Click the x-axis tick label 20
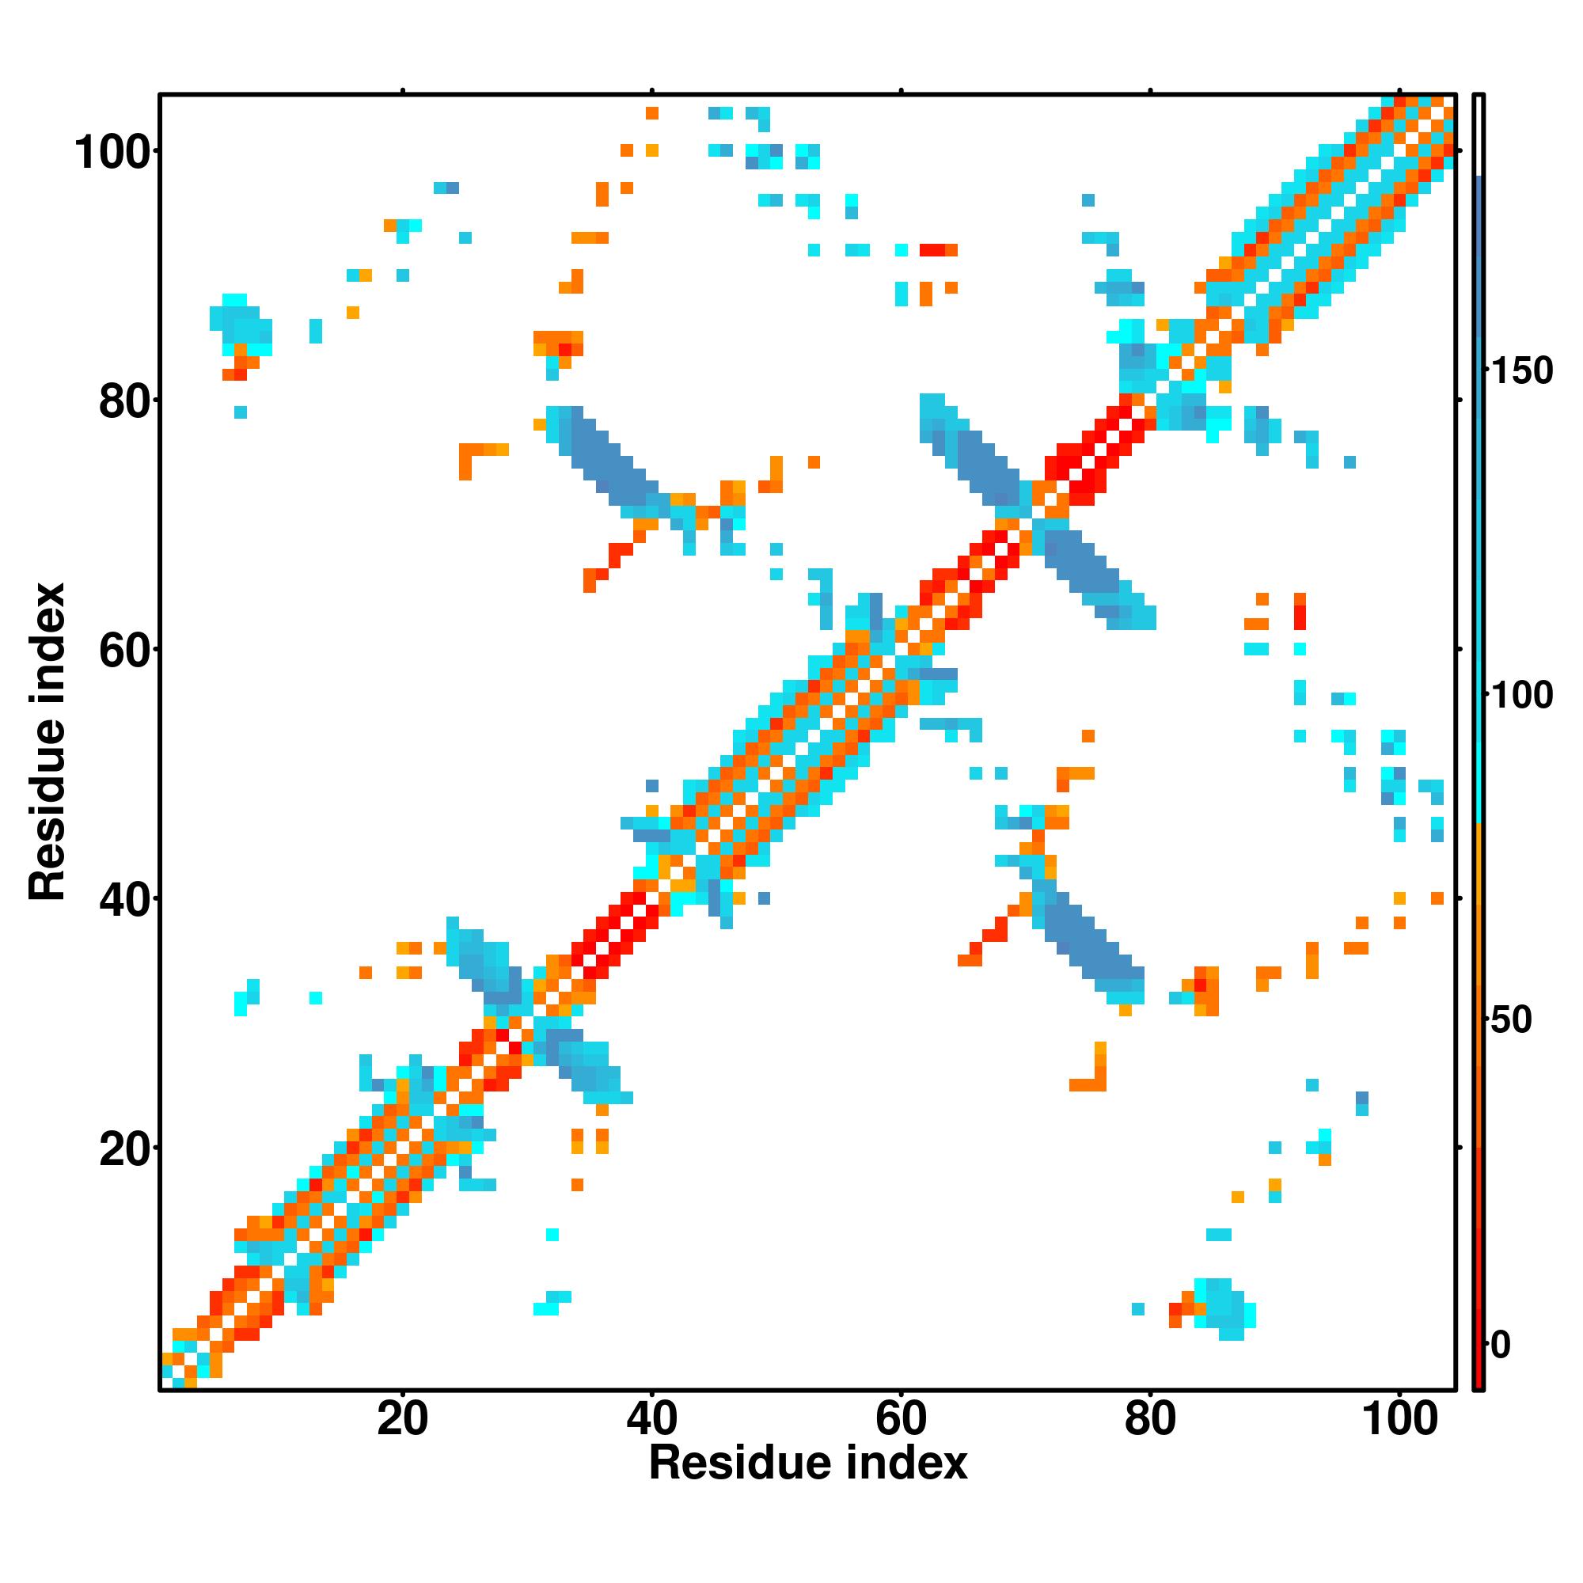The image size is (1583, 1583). (402, 1418)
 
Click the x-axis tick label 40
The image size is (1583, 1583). (651, 1418)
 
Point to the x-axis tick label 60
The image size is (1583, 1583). (901, 1418)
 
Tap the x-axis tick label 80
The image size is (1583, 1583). (1149, 1418)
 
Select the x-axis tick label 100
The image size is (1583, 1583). (1399, 1418)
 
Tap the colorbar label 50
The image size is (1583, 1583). (1511, 1020)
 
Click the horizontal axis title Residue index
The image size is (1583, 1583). (808, 1463)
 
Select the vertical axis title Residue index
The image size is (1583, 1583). (47, 742)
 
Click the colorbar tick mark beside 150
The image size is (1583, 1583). (1486, 371)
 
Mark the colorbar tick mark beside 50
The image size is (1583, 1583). (1486, 1020)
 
